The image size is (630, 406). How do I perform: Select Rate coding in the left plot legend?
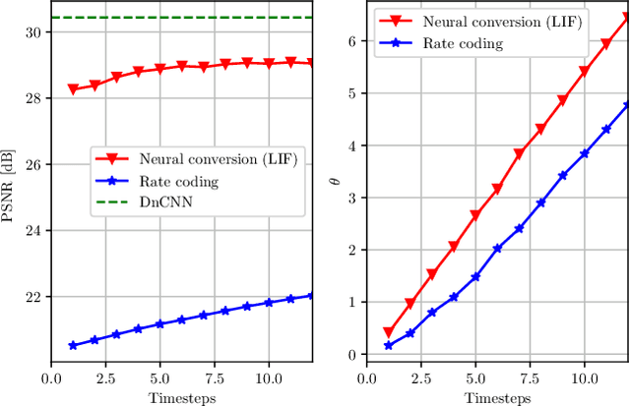coord(178,181)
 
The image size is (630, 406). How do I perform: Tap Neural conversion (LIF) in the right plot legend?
coord(478,21)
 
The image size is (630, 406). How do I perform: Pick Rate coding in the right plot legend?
coord(463,44)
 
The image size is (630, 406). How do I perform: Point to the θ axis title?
coord(335,183)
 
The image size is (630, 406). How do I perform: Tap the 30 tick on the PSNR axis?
coord(34,32)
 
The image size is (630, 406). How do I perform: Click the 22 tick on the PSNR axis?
coord(34,297)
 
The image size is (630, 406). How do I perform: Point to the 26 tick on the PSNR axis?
coord(34,165)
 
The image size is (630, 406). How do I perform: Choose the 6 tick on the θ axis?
coord(349,41)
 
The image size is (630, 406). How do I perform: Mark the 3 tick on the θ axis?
coord(349,198)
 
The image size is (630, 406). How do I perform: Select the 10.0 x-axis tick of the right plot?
coord(584,377)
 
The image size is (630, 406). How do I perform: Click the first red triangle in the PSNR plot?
coord(73,89)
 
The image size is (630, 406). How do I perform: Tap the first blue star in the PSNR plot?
coord(73,345)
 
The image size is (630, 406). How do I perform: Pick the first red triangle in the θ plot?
coord(388,333)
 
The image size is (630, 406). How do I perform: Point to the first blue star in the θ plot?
coord(388,346)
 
